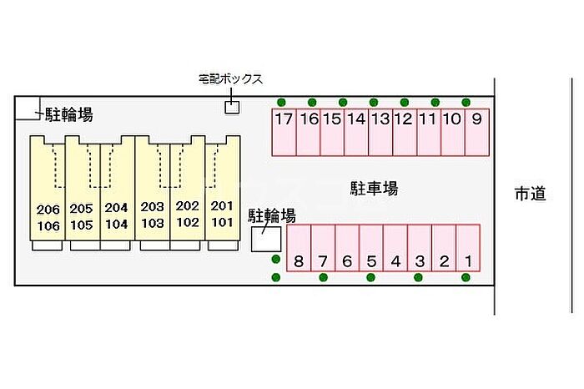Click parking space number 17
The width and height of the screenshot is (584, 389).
(x=284, y=132)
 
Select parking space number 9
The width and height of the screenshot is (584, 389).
(x=477, y=132)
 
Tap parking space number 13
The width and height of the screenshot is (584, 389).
(x=380, y=132)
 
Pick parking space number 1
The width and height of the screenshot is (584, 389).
(x=468, y=249)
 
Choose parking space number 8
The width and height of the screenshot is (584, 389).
(x=299, y=249)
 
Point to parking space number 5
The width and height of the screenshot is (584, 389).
(x=371, y=249)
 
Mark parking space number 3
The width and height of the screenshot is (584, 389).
(x=420, y=249)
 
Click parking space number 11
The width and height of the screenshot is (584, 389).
(x=429, y=132)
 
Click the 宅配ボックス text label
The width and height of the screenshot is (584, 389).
(x=231, y=79)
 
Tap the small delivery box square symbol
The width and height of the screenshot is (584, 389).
(x=232, y=106)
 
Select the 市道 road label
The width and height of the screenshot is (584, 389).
(x=530, y=194)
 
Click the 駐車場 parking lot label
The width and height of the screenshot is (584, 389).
(x=374, y=189)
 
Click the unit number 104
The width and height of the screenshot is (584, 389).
(x=117, y=224)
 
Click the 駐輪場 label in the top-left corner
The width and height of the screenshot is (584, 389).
(x=68, y=114)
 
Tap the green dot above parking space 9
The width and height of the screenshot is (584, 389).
(x=466, y=102)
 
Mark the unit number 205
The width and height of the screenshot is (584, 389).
(x=82, y=208)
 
